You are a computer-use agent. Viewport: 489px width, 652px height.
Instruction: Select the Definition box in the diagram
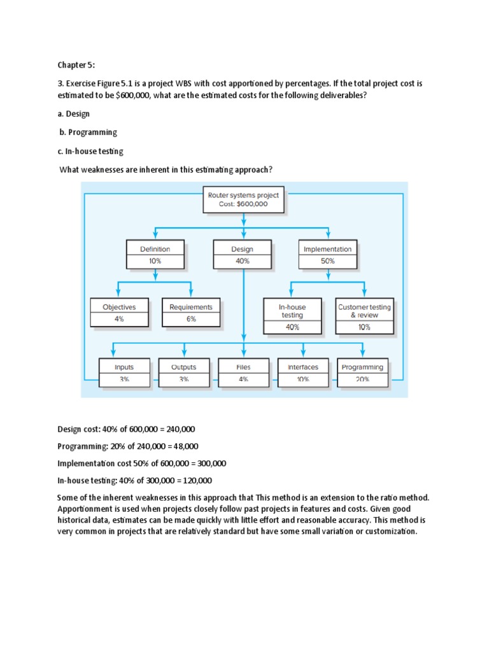(x=155, y=255)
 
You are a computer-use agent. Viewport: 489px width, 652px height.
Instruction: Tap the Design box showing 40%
(x=242, y=255)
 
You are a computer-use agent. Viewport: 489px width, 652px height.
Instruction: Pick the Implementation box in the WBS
(x=328, y=255)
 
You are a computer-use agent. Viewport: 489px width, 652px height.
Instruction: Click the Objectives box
(x=119, y=312)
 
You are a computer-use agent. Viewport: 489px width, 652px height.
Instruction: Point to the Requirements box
(x=191, y=312)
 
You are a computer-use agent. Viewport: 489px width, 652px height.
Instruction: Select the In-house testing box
(x=292, y=316)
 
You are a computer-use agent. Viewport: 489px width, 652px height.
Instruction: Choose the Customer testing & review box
(x=364, y=316)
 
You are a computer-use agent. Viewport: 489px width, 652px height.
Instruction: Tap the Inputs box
(x=124, y=372)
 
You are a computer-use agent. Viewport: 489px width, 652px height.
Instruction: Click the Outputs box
(x=183, y=372)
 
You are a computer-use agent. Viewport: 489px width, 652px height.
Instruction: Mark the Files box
(x=243, y=372)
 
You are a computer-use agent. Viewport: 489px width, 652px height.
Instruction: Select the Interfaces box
(x=302, y=372)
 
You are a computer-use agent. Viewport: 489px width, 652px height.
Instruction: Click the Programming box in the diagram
(x=362, y=372)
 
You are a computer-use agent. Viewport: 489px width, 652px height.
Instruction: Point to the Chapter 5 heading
(x=76, y=64)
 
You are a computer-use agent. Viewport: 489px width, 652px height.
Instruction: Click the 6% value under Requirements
(x=191, y=319)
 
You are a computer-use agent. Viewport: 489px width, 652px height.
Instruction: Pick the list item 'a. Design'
(x=74, y=114)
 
